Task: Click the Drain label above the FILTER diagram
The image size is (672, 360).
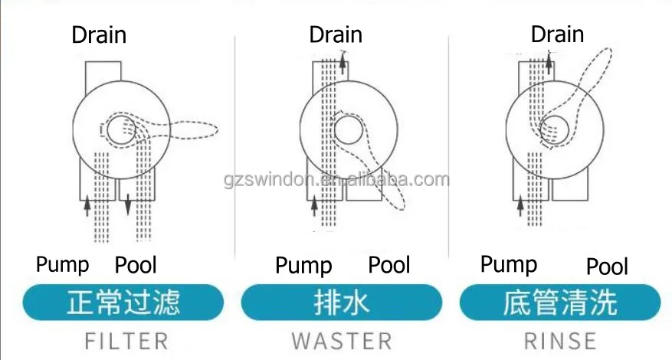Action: (99, 34)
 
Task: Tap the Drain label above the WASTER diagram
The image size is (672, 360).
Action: (336, 34)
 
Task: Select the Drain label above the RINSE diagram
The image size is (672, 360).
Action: (557, 34)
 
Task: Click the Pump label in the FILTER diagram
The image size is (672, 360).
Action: (63, 265)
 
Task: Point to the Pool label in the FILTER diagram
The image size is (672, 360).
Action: (136, 266)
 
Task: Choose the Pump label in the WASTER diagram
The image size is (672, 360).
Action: (303, 266)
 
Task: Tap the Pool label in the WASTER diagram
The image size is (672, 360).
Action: (389, 266)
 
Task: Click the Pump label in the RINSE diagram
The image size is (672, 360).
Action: (509, 265)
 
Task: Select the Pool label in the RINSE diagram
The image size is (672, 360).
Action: (607, 267)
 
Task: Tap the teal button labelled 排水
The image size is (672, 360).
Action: (341, 302)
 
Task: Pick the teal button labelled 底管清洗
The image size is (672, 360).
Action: (559, 302)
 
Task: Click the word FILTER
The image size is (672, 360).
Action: (126, 340)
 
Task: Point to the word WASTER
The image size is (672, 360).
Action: (341, 340)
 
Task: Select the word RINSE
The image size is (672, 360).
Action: (559, 340)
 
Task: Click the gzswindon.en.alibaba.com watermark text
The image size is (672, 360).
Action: (336, 181)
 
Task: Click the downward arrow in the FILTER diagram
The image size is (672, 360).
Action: (127, 205)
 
